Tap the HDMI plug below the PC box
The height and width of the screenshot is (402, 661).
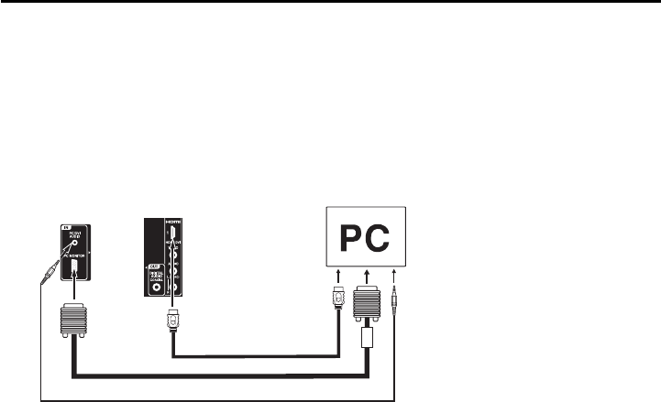[x=337, y=300]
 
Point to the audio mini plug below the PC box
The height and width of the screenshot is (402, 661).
[x=394, y=298]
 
